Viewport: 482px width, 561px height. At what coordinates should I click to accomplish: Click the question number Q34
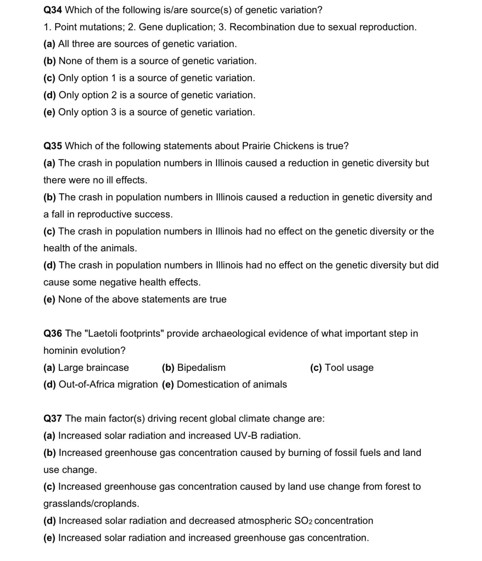pos(52,10)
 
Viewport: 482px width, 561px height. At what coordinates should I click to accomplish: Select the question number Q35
pos(52,146)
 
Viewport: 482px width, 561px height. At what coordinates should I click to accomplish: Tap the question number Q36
pos(52,333)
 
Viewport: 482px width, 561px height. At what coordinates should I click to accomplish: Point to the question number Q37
pos(52,418)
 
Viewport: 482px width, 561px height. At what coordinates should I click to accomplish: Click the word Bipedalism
pos(201,368)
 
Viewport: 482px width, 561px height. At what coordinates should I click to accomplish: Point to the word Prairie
pos(256,146)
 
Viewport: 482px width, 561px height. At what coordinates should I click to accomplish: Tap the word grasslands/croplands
pos(91,504)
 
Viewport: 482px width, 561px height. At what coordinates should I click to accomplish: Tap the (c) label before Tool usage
pos(316,368)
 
